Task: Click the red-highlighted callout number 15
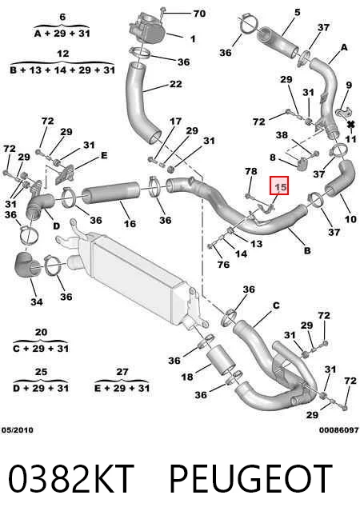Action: tap(279, 186)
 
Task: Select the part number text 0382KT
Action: tap(70, 479)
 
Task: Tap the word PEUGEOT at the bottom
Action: tap(251, 479)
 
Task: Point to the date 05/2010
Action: tap(18, 430)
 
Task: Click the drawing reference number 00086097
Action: tap(338, 430)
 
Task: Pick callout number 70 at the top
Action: tap(199, 14)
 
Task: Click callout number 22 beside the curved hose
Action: tap(175, 84)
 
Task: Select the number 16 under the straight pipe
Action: tap(130, 223)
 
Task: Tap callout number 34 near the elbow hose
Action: tap(37, 301)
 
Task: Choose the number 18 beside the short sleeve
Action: tap(187, 377)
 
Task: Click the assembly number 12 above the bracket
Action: tap(63, 54)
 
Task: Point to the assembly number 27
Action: tap(122, 372)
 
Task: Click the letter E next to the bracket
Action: tap(104, 155)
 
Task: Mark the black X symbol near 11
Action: tap(350, 125)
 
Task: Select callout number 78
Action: tap(251, 171)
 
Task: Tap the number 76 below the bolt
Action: tap(223, 265)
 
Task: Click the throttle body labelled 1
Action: tap(147, 29)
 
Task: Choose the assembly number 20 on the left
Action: tap(41, 332)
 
